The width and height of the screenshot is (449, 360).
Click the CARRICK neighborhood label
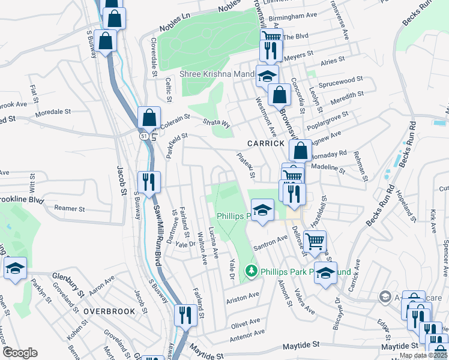tap(266, 144)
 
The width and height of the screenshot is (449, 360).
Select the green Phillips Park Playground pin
tap(252, 272)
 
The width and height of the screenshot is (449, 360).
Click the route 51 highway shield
tap(144, 137)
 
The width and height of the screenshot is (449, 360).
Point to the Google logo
tap(19, 353)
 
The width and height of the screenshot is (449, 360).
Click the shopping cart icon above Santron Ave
tap(315, 241)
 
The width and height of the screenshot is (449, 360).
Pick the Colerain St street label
tap(175, 118)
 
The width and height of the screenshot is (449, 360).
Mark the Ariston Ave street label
tap(242, 296)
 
